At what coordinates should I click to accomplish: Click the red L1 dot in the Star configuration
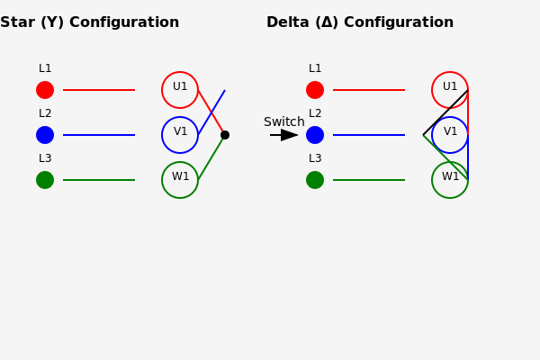pyautogui.click(x=45, y=90)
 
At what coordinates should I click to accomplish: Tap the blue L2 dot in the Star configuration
pyautogui.click(x=45, y=135)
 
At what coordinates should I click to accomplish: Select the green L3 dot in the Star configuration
pyautogui.click(x=45, y=180)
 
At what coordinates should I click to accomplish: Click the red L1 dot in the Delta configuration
pyautogui.click(x=315, y=90)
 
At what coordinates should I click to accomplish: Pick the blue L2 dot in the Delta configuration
pyautogui.click(x=315, y=135)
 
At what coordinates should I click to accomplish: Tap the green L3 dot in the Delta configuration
pyautogui.click(x=315, y=180)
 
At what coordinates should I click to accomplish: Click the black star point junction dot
pyautogui.click(x=225, y=135)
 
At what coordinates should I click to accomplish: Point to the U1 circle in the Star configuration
pyautogui.click(x=162, y=90)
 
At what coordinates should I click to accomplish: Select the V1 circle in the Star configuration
pyautogui.click(x=162, y=135)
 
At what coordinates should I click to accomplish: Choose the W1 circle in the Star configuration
pyautogui.click(x=162, y=180)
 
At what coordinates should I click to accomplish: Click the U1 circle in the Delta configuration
pyautogui.click(x=432, y=90)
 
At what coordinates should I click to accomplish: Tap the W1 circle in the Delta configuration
pyautogui.click(x=432, y=180)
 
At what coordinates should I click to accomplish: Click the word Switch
pyautogui.click(x=284, y=122)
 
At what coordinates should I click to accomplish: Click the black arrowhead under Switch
pyautogui.click(x=289, y=135)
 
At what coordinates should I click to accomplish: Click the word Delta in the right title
pyautogui.click(x=288, y=22)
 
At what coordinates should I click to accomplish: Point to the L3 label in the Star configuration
pyautogui.click(x=45, y=158)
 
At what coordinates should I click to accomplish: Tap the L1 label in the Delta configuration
pyautogui.click(x=315, y=68)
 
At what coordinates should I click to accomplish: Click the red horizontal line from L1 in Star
pyautogui.click(x=99, y=90)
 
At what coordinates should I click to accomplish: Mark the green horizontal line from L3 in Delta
pyautogui.click(x=369, y=180)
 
